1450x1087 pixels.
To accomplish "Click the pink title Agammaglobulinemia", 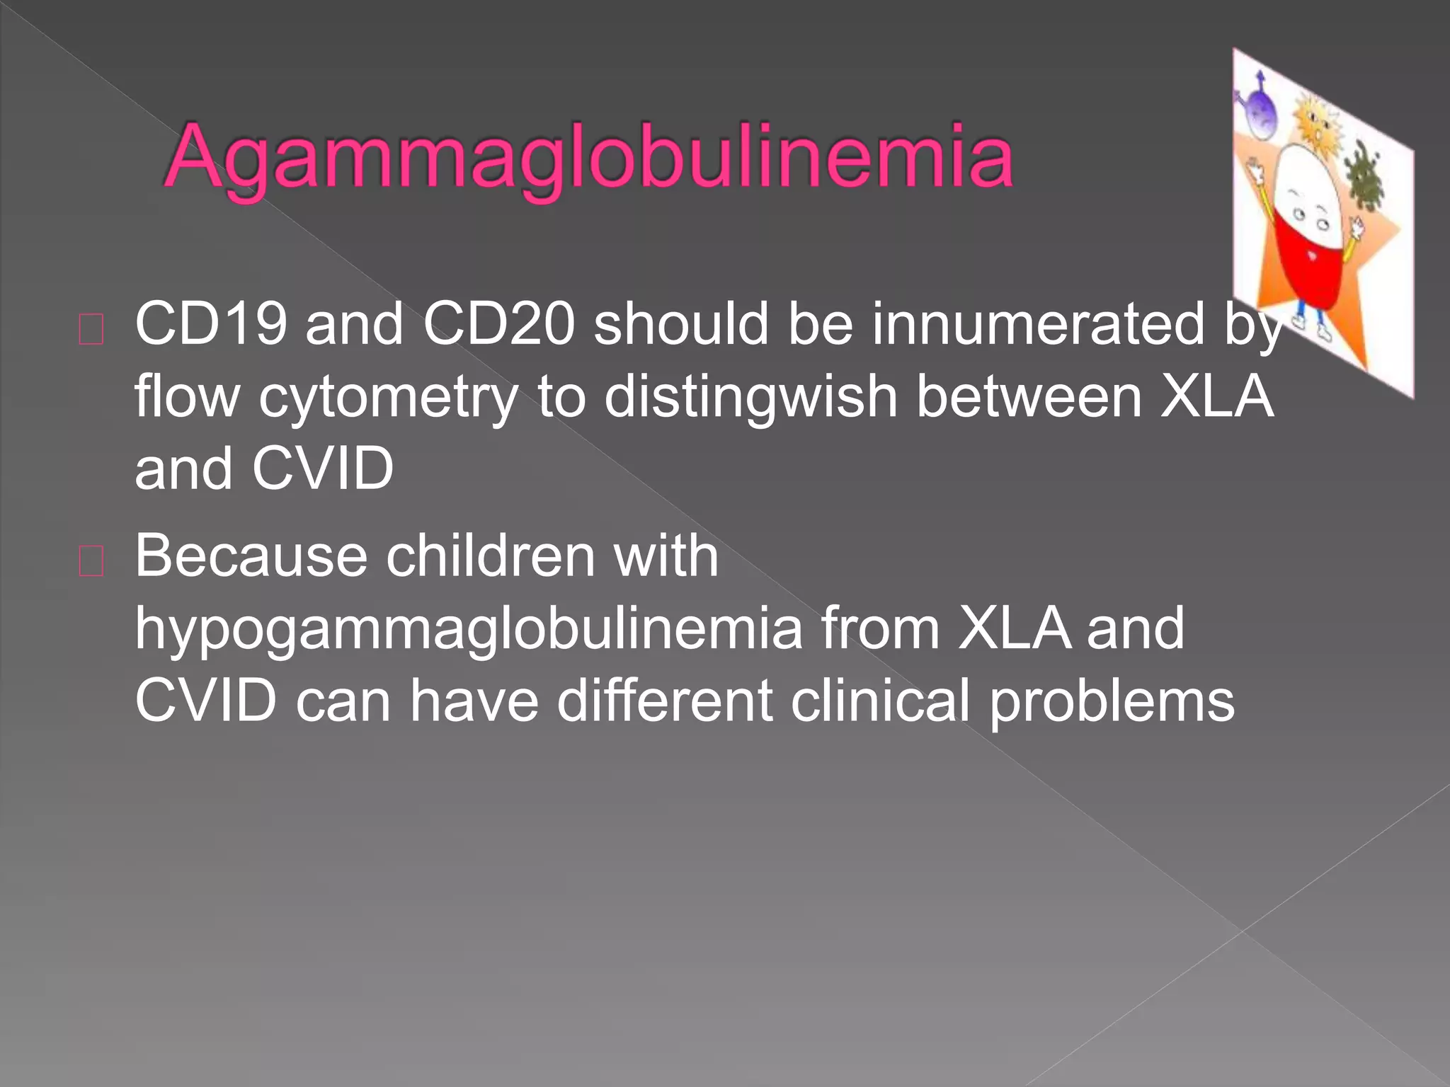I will (588, 157).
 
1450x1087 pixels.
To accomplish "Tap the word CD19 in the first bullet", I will (211, 324).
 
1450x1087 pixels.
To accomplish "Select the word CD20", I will (498, 324).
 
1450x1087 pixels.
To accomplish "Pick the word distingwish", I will (750, 398).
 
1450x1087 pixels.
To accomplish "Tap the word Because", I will (251, 556).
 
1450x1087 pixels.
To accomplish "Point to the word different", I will (664, 701).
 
